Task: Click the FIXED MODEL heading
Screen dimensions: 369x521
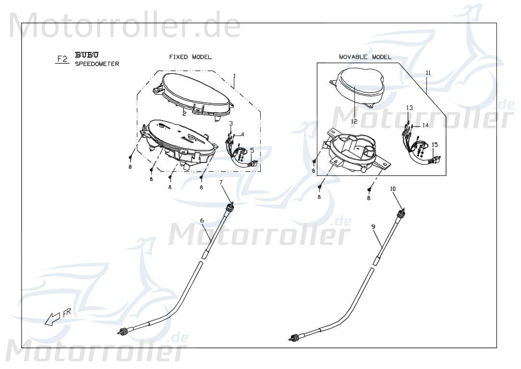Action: pyautogui.click(x=190, y=57)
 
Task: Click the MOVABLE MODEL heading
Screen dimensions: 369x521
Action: pyautogui.click(x=365, y=57)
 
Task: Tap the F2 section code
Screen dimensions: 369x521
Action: pyautogui.click(x=62, y=59)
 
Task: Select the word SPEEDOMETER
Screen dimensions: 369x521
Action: pyautogui.click(x=97, y=64)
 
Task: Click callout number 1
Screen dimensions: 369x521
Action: pyautogui.click(x=234, y=76)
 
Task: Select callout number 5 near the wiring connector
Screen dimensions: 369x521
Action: pyautogui.click(x=252, y=150)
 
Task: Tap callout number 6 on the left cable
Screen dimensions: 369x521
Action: pyautogui.click(x=202, y=221)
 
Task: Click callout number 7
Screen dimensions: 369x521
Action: pyautogui.click(x=221, y=182)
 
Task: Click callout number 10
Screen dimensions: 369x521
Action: pyautogui.click(x=393, y=189)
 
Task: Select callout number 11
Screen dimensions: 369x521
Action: pyautogui.click(x=428, y=73)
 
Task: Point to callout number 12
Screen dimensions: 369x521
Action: pyautogui.click(x=354, y=122)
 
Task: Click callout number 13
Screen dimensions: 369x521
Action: pyautogui.click(x=409, y=108)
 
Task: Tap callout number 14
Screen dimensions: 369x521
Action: pyautogui.click(x=425, y=125)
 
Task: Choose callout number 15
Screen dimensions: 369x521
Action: pyautogui.click(x=435, y=145)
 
